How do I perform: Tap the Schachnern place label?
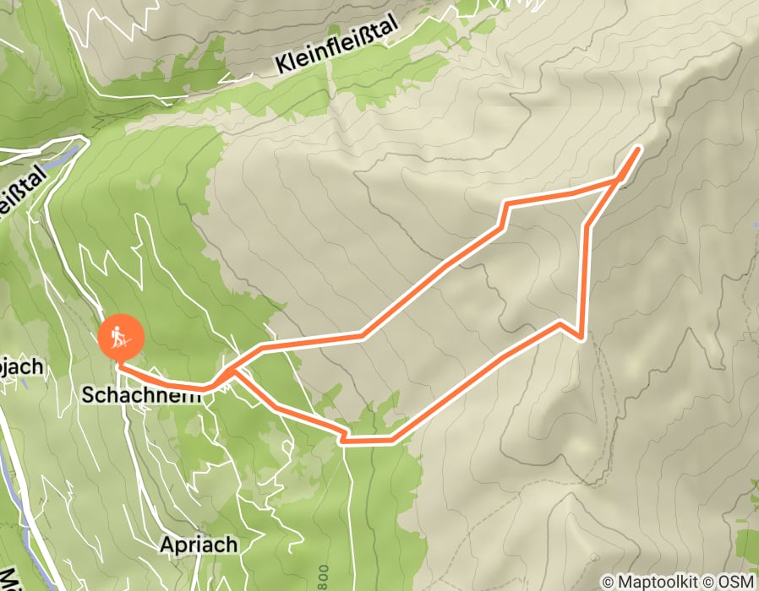click(x=143, y=394)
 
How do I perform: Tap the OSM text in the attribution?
click(x=736, y=582)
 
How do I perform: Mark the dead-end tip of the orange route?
click(x=637, y=148)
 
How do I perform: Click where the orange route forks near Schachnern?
click(x=230, y=372)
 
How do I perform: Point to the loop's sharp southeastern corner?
click(x=580, y=338)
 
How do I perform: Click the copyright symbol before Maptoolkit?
click(x=608, y=582)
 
